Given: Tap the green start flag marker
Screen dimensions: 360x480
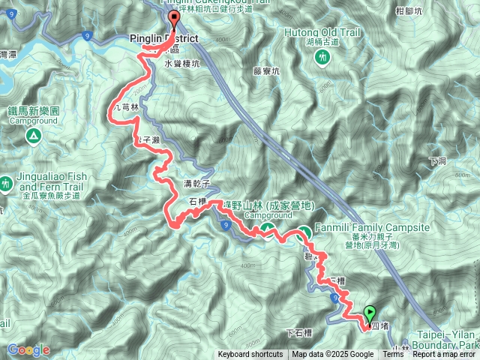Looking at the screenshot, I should [x=369, y=313].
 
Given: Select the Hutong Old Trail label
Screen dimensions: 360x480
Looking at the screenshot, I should [x=323, y=33].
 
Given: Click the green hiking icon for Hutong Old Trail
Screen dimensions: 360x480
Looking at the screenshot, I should [x=323, y=57].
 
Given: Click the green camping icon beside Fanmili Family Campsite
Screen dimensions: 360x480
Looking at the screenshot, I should [x=304, y=233].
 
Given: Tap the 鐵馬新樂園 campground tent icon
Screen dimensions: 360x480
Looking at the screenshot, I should [x=33, y=136].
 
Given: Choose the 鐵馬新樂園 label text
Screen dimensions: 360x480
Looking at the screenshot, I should [x=33, y=109].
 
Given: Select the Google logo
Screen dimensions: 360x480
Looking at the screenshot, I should [x=28, y=349].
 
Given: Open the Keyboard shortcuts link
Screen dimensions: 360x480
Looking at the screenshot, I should [x=250, y=355].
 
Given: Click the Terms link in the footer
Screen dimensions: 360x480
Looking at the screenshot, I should [x=393, y=355].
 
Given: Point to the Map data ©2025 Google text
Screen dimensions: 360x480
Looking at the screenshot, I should [x=332, y=355].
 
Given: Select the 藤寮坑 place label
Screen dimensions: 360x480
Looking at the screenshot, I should [x=266, y=72].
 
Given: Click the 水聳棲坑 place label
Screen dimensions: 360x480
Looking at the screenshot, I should [x=182, y=64].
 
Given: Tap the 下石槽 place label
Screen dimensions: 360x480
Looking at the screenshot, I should [x=300, y=333].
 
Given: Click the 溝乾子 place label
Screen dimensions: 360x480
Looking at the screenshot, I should [x=195, y=184].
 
